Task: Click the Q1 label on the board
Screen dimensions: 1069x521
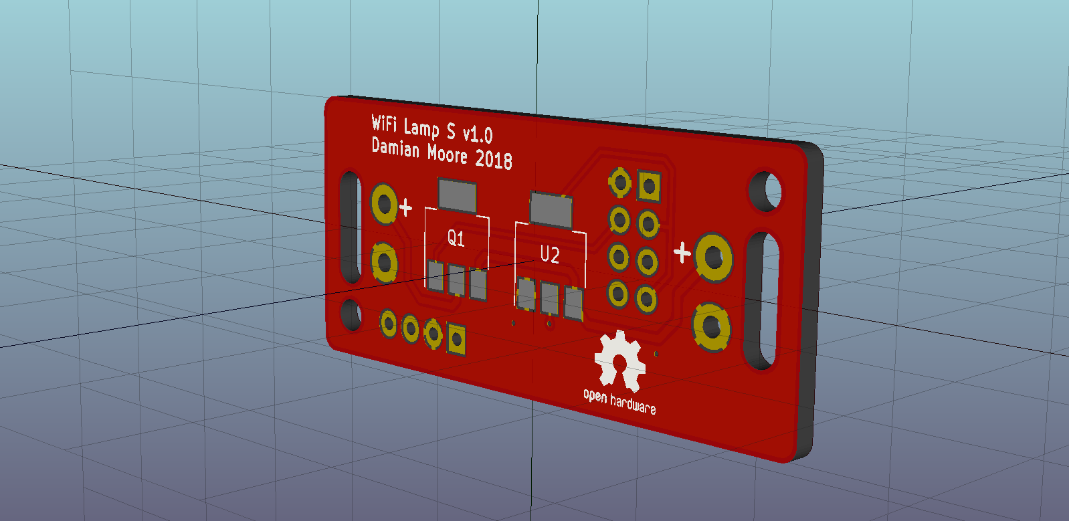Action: coord(456,238)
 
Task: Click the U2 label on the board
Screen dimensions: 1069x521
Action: coord(550,255)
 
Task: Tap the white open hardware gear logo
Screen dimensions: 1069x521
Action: coord(619,360)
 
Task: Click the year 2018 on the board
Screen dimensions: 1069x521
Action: coord(494,159)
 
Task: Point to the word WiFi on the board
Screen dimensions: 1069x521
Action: coord(384,123)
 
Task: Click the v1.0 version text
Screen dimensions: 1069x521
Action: coord(478,134)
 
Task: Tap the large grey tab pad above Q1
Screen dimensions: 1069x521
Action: coord(457,195)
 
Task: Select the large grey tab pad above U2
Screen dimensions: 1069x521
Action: coord(551,209)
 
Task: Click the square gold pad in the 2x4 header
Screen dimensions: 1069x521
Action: coord(650,186)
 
